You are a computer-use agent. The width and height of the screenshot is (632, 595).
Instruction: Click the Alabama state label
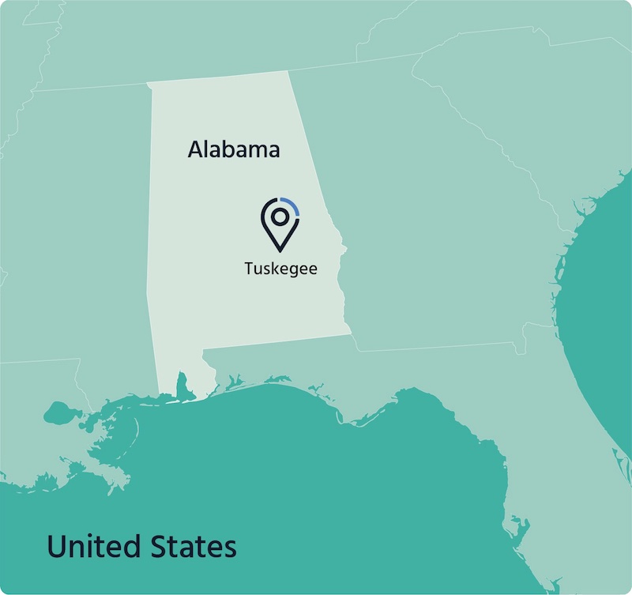pos(234,149)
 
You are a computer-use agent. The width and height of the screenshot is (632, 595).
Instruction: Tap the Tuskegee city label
pos(280,269)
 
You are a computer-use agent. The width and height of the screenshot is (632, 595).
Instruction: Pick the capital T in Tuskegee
pos(249,269)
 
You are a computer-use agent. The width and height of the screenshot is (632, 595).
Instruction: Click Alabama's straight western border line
pos(148,198)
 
